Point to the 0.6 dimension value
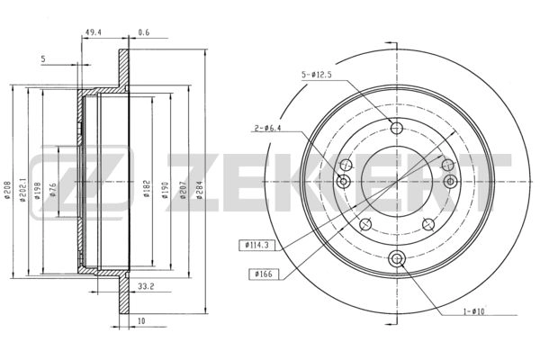click(144, 32)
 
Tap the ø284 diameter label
click(200, 191)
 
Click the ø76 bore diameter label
click(52, 190)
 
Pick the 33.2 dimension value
click(146, 286)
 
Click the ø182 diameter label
click(147, 189)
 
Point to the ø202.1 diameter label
click(22, 190)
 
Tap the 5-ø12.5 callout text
click(317, 75)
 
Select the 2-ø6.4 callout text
click(268, 128)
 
